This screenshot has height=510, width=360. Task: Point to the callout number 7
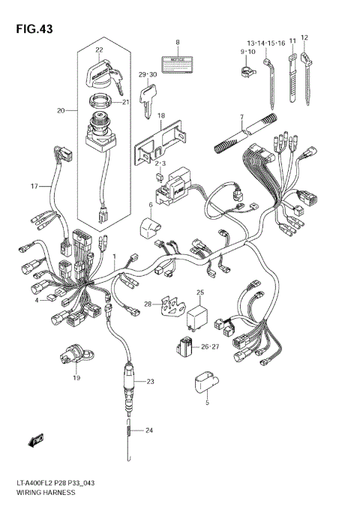click(x=242, y=117)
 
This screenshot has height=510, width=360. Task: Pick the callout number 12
click(x=304, y=37)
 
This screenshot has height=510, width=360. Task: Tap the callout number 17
click(x=34, y=186)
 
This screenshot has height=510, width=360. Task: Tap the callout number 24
click(x=149, y=430)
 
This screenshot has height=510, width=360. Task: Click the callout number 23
click(x=149, y=382)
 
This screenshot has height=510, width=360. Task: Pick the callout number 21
click(x=125, y=103)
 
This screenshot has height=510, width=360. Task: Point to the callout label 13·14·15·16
click(x=265, y=44)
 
